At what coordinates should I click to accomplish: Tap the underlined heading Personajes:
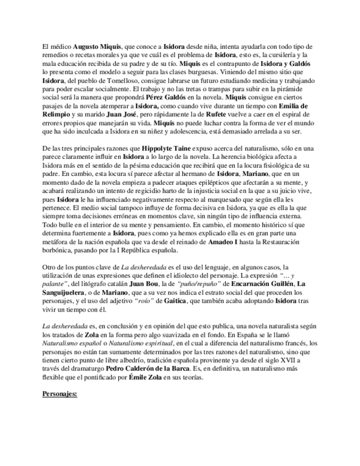click(x=61, y=393)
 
